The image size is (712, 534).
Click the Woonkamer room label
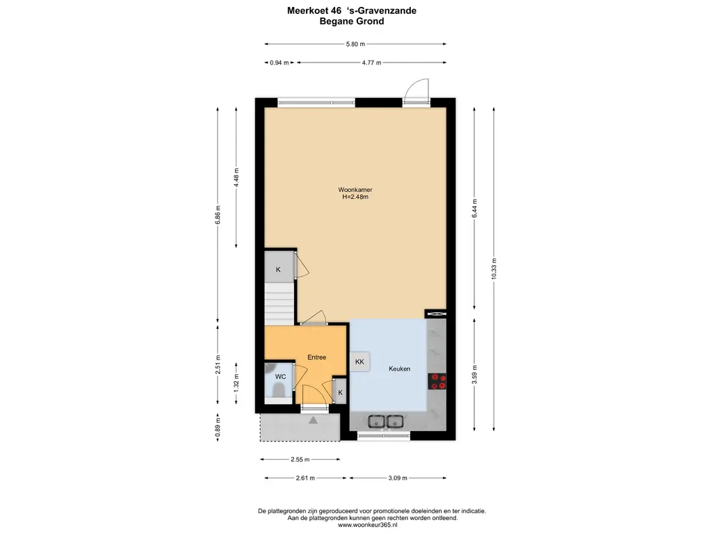[x=355, y=190]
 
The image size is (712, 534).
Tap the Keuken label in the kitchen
[x=400, y=369]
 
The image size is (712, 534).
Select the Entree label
[x=316, y=357]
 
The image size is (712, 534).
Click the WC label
[x=280, y=376]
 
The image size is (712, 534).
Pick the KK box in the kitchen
[x=359, y=362]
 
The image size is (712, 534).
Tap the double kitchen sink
[x=385, y=422]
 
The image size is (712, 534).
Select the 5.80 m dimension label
[x=355, y=44]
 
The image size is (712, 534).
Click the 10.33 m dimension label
[x=494, y=268]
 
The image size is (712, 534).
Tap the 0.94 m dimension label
[x=280, y=63]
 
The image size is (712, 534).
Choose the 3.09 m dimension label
[x=398, y=478]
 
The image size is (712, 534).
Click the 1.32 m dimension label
[x=236, y=383]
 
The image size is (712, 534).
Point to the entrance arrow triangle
[x=314, y=420]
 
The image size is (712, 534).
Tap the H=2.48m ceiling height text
[x=355, y=197]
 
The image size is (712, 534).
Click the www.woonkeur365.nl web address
[x=368, y=525]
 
